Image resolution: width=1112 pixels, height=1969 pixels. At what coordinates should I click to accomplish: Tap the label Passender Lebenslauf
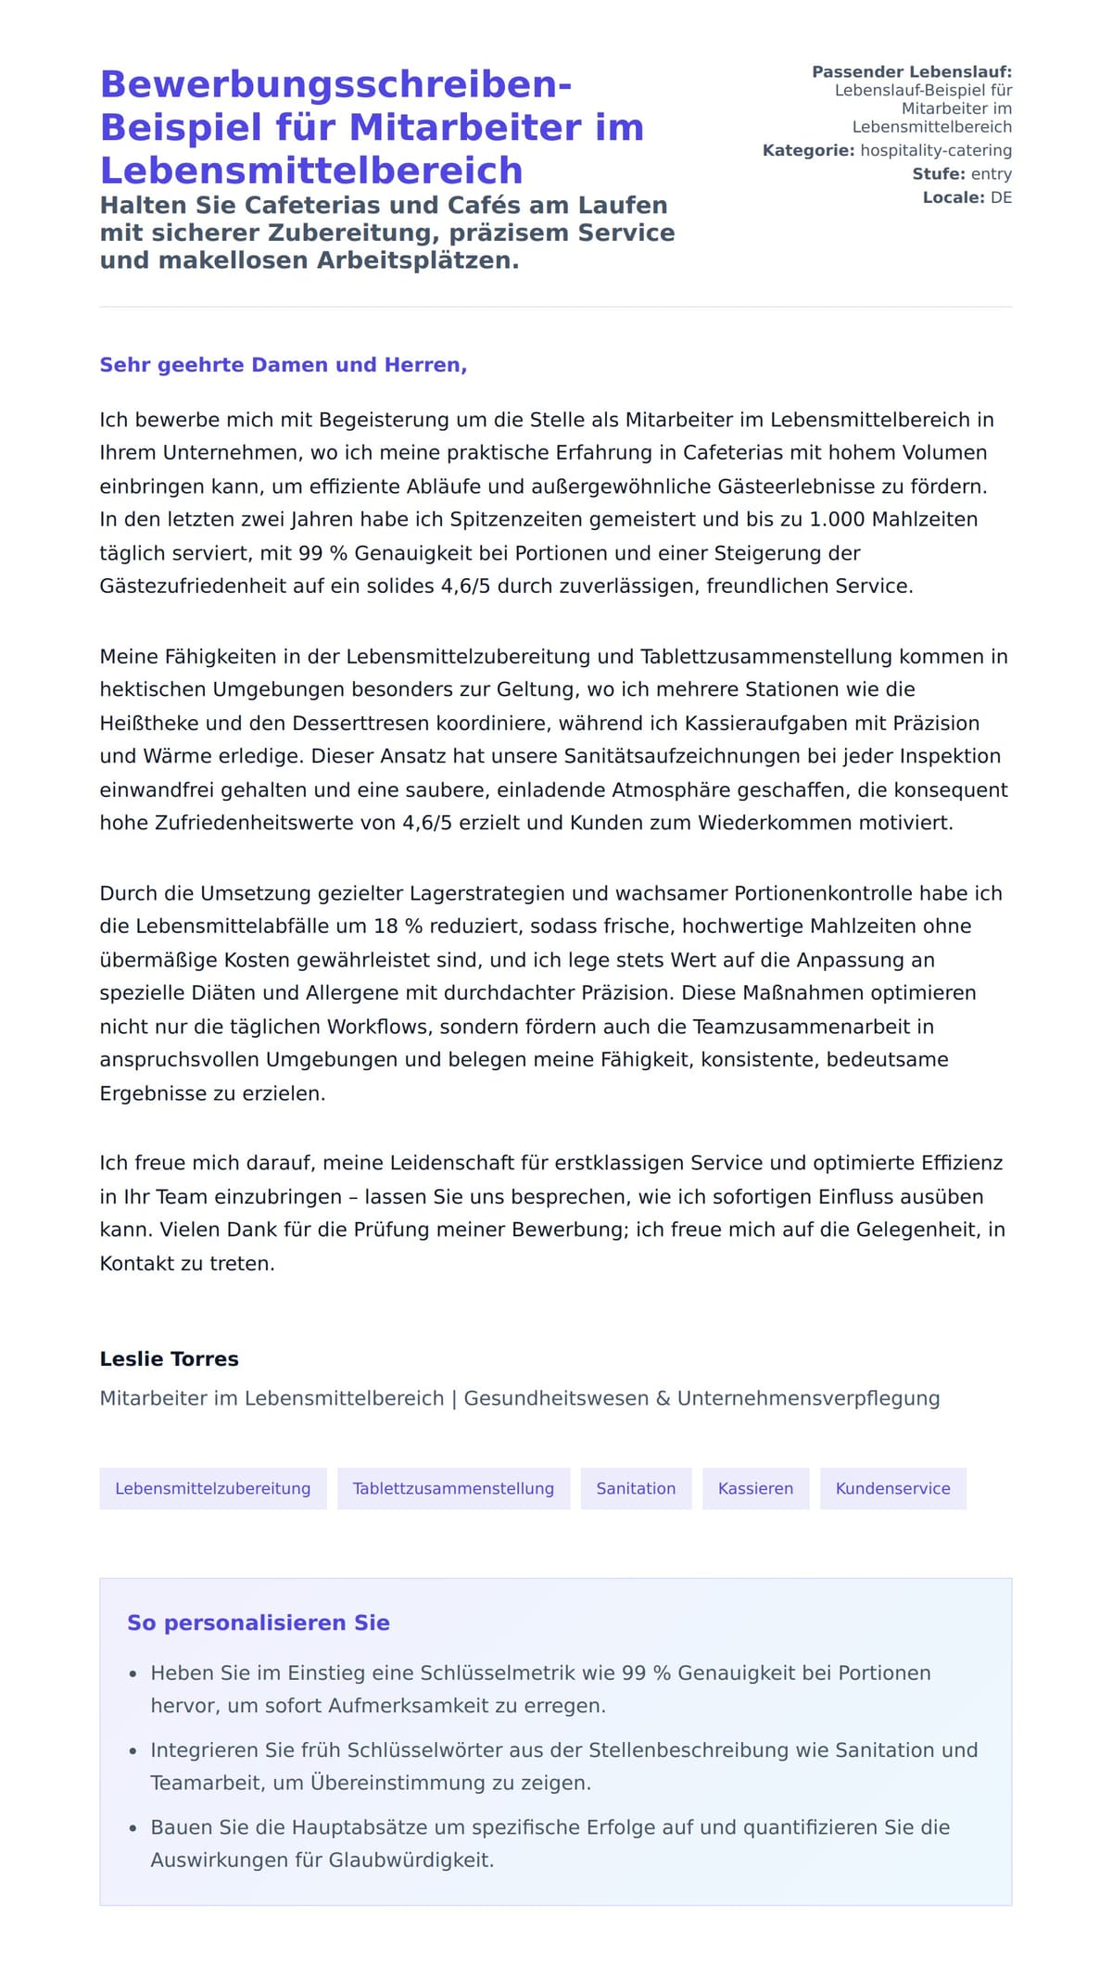pos(911,72)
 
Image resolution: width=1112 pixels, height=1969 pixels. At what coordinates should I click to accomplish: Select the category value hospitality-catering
pos(936,150)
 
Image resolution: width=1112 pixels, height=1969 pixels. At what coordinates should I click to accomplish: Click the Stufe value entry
pos(991,174)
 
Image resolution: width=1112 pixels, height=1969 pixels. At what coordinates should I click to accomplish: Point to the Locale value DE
pos(1001,197)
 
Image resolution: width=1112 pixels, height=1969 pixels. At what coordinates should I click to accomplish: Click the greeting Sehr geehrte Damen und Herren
pos(283,365)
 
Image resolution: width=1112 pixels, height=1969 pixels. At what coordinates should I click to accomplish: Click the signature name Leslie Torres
pos(169,1359)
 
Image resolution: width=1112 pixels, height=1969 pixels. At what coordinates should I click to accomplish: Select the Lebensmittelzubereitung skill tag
pos(213,1489)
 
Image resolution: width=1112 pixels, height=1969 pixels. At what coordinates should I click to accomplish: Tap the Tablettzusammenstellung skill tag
pos(453,1489)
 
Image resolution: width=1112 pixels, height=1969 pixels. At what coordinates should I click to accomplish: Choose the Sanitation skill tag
pos(636,1489)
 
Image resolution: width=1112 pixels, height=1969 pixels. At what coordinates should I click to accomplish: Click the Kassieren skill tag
pos(755,1489)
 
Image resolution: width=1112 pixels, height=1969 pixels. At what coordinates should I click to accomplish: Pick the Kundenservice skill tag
pos(892,1489)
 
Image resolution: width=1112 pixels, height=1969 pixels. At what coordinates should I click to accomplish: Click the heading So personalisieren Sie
pos(259,1623)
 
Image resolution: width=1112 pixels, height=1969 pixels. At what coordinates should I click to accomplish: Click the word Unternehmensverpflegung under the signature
pos(808,1399)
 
